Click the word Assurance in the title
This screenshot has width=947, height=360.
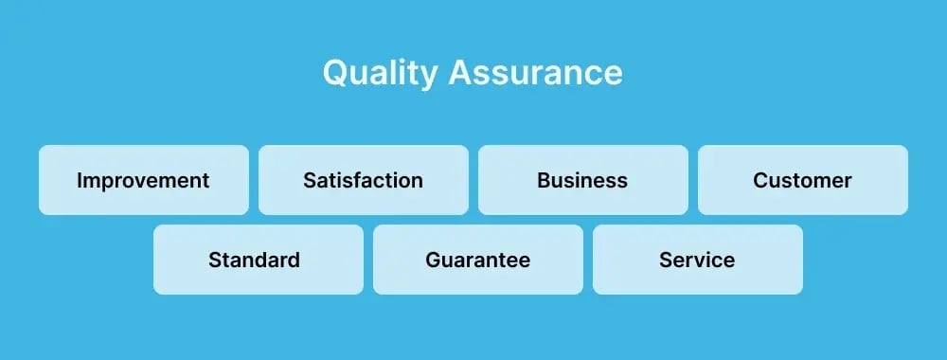[x=535, y=73]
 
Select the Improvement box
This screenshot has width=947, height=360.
[x=143, y=180]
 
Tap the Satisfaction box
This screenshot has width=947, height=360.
[x=363, y=180]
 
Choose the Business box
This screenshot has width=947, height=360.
[x=582, y=180]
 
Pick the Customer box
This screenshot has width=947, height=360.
[x=802, y=180]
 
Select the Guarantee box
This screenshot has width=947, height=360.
[x=477, y=260]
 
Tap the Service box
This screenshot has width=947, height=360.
[x=697, y=260]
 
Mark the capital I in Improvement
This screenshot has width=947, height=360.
[x=80, y=180]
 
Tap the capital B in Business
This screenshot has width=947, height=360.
[x=544, y=180]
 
